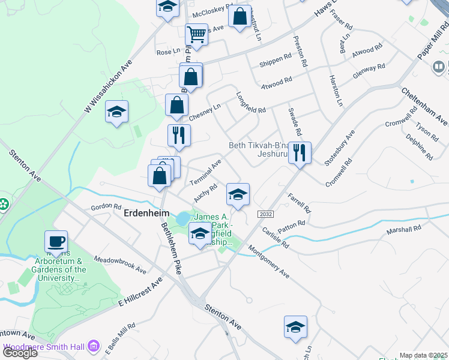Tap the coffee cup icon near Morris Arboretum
tap(56, 242)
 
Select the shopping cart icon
tap(196, 35)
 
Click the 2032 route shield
tap(265, 214)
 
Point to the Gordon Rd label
tap(106, 206)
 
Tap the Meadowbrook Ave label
tap(120, 264)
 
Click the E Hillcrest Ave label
tap(140, 291)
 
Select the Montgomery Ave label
tap(268, 262)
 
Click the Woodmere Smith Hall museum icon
tap(94, 346)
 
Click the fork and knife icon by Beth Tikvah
tap(300, 152)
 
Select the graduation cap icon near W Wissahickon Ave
tap(116, 112)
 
